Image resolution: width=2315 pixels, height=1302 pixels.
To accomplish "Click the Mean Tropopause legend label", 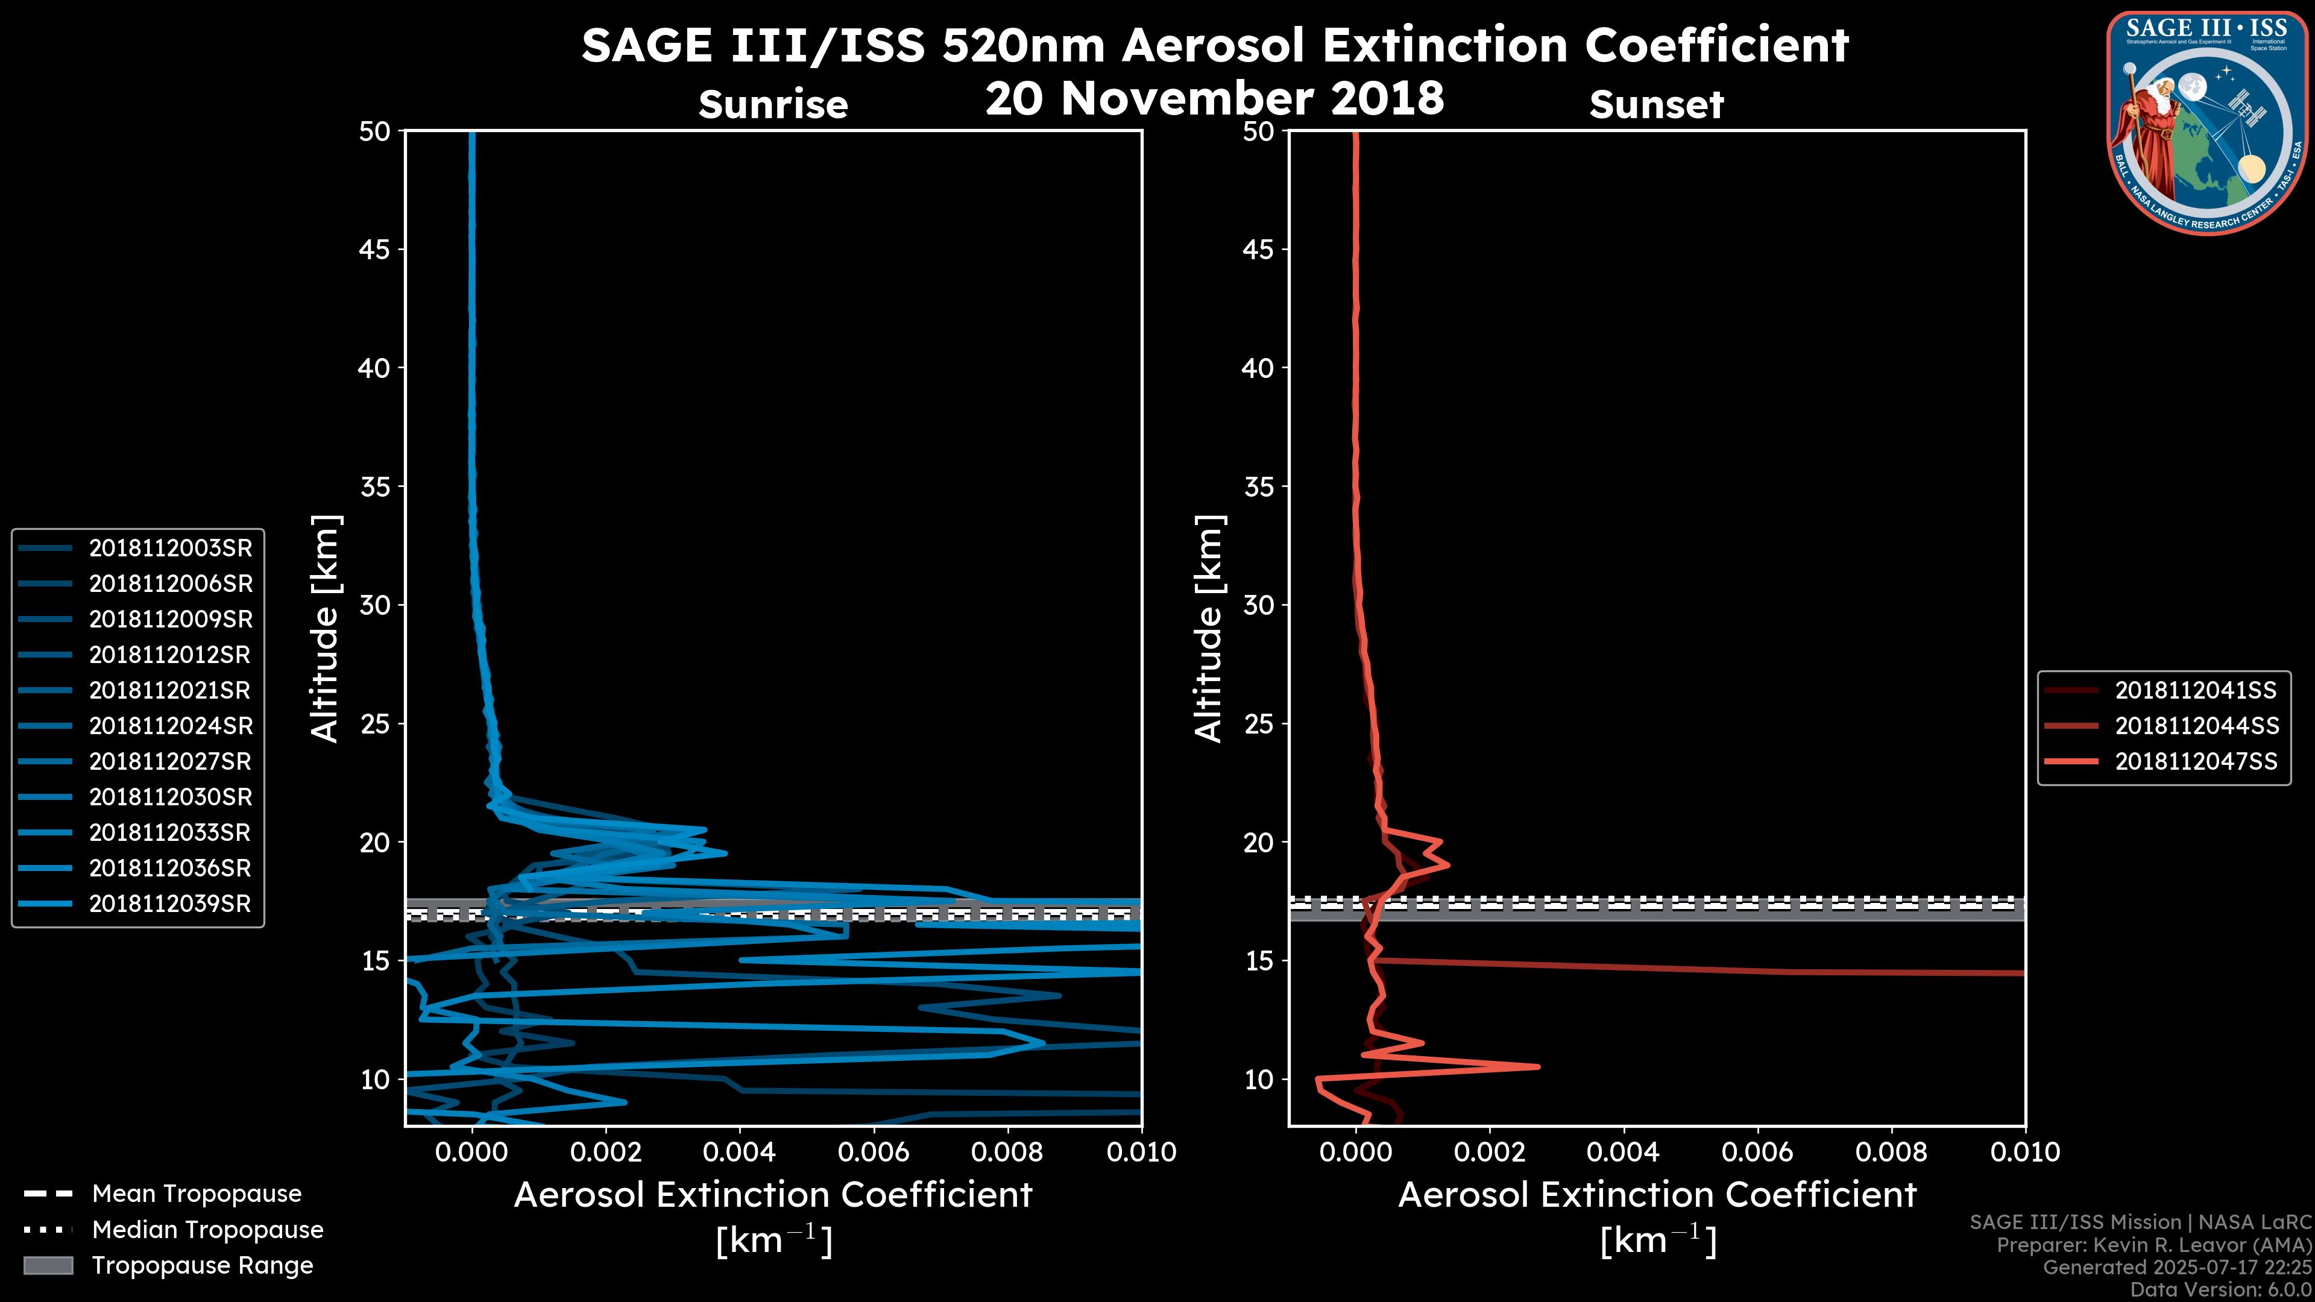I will [197, 1193].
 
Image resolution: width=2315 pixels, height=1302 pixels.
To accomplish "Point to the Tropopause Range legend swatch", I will [48, 1265].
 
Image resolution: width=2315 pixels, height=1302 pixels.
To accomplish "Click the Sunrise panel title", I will [773, 105].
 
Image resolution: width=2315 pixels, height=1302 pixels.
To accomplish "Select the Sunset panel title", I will [1656, 105].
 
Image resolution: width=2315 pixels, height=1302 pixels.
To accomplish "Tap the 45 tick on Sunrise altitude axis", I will [374, 250].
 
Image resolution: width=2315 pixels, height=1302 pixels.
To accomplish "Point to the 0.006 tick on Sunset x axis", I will [1758, 1152].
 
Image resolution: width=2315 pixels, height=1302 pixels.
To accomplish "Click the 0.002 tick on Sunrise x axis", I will [606, 1152].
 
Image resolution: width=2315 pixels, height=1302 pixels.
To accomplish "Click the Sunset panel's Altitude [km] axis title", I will [1209, 629].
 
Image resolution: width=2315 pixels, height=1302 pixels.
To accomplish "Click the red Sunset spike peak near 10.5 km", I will [1538, 1066].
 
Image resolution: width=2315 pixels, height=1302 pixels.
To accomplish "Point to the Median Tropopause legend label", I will [207, 1229].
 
